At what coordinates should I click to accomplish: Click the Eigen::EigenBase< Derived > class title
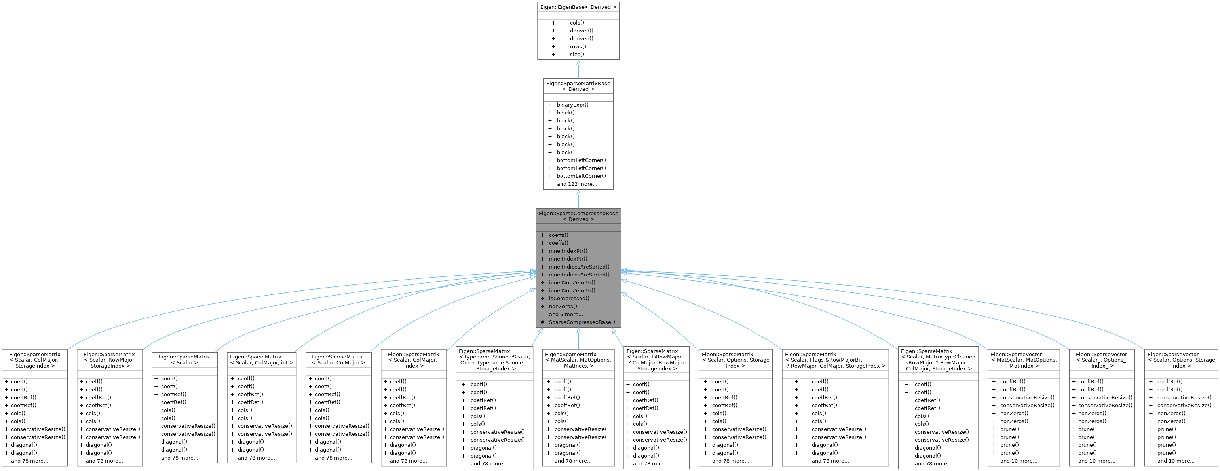click(578, 7)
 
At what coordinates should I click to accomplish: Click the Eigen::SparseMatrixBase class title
click(578, 86)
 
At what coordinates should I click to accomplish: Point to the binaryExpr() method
click(572, 105)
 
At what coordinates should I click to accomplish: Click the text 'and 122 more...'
click(576, 184)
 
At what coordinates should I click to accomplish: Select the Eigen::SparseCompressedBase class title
click(578, 216)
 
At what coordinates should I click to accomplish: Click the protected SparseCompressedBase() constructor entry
click(581, 322)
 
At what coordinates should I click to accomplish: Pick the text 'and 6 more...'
click(566, 314)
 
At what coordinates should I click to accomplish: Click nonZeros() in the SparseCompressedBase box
click(562, 306)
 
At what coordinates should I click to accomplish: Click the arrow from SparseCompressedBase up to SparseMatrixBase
click(578, 199)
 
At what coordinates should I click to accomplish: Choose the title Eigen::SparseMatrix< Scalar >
click(184, 360)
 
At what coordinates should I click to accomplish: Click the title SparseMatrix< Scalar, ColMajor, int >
click(261, 360)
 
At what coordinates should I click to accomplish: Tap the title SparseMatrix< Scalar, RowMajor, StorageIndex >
click(109, 360)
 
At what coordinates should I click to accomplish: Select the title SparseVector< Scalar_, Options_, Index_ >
click(1101, 360)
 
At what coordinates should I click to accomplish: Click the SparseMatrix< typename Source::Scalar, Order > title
click(494, 360)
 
